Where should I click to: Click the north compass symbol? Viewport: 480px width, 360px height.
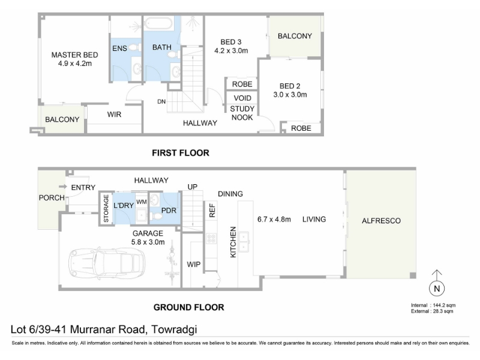(x=437, y=283)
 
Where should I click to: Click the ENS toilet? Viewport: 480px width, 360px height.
(x=134, y=47)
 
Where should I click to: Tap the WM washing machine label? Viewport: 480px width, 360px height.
(x=142, y=202)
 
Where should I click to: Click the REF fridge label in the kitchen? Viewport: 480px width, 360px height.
(x=212, y=211)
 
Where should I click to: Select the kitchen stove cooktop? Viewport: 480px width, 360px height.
(x=211, y=238)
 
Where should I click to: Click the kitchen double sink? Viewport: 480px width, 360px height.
(x=244, y=242)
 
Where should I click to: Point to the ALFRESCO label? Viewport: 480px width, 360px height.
(x=381, y=221)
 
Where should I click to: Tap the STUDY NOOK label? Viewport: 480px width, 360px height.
(x=242, y=113)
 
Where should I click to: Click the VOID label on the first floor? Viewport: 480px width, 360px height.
(x=242, y=98)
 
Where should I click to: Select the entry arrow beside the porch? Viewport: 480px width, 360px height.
(x=63, y=187)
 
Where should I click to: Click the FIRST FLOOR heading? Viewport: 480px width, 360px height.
(x=181, y=153)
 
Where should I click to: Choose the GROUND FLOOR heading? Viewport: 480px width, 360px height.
(x=188, y=307)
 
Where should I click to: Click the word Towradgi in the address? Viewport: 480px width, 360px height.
(x=174, y=329)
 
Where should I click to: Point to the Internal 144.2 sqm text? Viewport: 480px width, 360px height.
(x=433, y=305)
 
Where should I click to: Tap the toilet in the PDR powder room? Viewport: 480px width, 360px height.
(x=157, y=217)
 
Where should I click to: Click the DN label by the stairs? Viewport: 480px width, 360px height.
(x=161, y=101)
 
